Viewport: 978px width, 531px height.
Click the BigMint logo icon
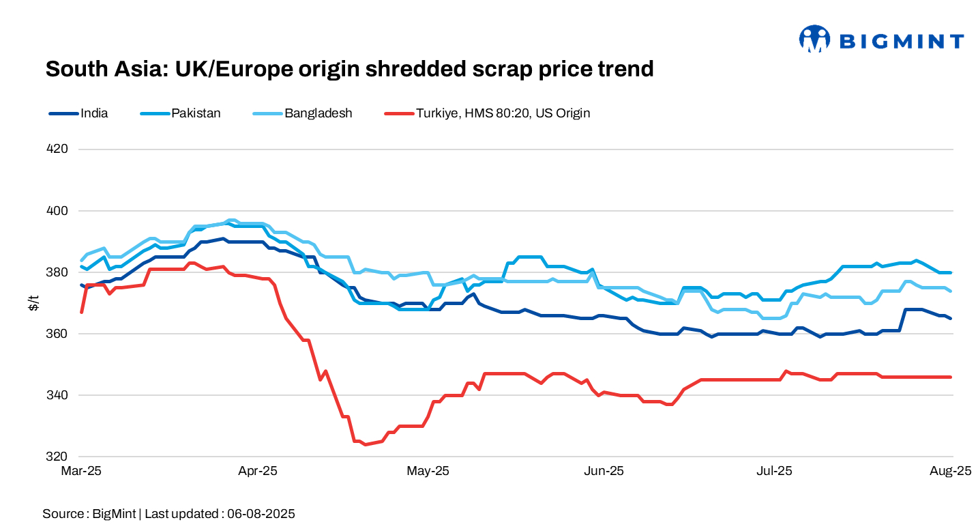point(814,40)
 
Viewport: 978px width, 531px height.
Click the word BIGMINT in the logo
point(901,42)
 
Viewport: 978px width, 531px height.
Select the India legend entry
point(93,113)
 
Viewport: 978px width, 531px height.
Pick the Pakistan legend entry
point(196,113)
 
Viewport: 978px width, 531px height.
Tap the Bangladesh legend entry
point(318,113)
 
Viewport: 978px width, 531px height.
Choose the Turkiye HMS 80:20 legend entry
point(503,113)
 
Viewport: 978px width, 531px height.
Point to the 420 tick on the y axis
point(58,149)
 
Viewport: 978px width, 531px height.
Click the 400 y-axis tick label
point(58,210)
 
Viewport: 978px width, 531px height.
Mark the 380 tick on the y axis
point(58,272)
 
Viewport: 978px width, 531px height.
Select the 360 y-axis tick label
point(58,333)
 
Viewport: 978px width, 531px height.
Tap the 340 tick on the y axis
point(58,394)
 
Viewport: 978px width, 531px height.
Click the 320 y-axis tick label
point(58,456)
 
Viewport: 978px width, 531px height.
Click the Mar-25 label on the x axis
point(80,471)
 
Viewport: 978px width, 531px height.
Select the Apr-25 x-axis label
point(258,471)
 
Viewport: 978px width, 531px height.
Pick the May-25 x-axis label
point(428,471)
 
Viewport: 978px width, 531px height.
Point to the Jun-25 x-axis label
point(605,471)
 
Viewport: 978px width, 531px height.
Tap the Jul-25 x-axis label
point(775,471)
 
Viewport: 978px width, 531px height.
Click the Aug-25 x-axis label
point(951,471)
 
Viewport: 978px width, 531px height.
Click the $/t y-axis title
point(33,302)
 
